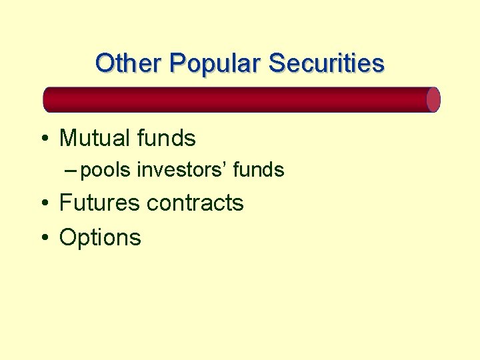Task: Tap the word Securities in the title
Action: click(327, 63)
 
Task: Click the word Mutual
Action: click(93, 139)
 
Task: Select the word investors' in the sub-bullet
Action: click(181, 171)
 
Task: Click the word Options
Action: click(100, 237)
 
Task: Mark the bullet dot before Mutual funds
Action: click(44, 139)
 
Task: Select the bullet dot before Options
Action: click(44, 238)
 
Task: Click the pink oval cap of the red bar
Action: click(433, 99)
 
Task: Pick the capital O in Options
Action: click(68, 237)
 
